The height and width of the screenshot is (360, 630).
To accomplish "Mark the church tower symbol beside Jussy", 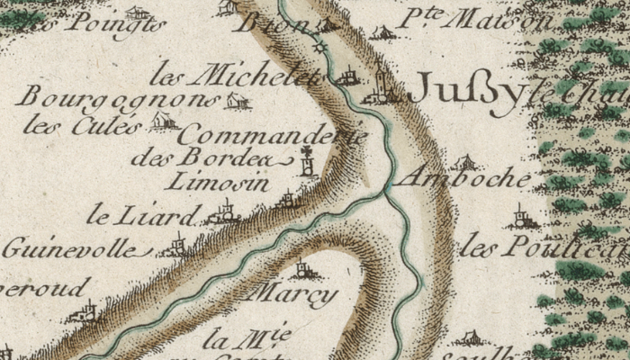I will click(x=381, y=85).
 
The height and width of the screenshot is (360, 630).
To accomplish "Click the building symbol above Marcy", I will click(x=301, y=268).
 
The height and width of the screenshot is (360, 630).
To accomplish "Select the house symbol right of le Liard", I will click(x=223, y=213).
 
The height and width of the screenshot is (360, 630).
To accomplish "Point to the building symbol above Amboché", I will click(x=464, y=162).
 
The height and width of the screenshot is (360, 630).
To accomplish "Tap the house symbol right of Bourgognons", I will click(x=236, y=101).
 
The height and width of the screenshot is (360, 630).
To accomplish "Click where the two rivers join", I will click(x=384, y=190).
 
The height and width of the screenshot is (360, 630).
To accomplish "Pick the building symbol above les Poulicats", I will click(x=519, y=216).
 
